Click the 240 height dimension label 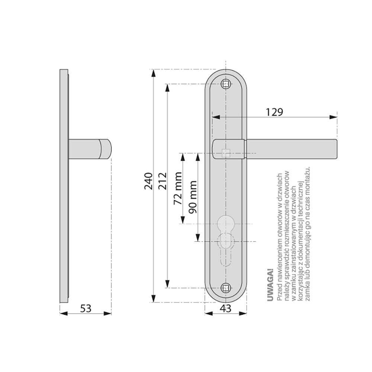(148, 181)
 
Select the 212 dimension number (163, 181)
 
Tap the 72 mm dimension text (178, 188)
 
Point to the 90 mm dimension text (192, 197)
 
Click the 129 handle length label (274, 112)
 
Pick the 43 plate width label (225, 308)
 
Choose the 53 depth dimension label (86, 308)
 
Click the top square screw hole (226, 84)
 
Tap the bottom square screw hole (226, 288)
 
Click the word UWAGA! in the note (270, 285)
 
